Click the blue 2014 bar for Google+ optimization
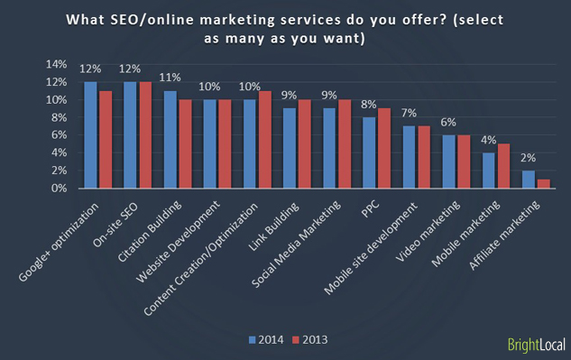(x=90, y=135)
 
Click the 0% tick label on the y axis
(x=58, y=189)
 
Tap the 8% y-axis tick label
(x=58, y=117)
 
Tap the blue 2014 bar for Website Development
(x=208, y=144)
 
